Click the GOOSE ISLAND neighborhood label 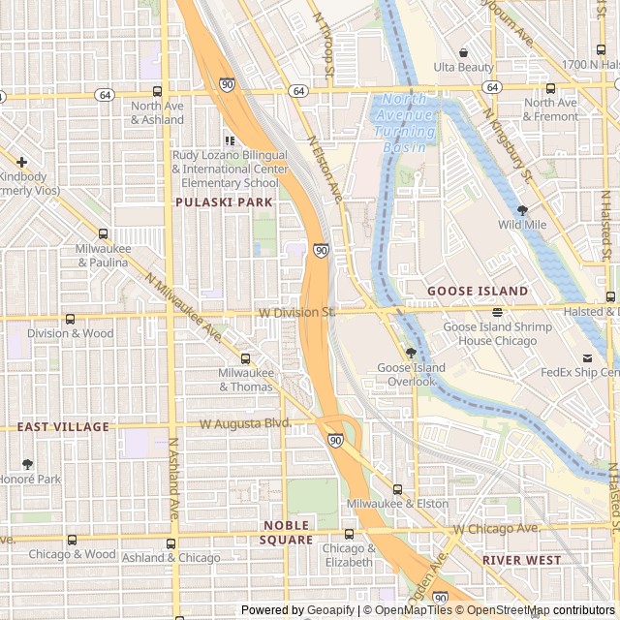479,291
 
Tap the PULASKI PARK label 224,202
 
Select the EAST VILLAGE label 63,426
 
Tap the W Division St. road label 296,313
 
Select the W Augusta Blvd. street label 245,423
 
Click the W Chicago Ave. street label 497,529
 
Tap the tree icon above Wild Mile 523,209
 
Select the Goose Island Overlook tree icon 411,353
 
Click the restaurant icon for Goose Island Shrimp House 497,312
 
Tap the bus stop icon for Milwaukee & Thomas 246,357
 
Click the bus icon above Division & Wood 70,319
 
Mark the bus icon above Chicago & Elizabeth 348,533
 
